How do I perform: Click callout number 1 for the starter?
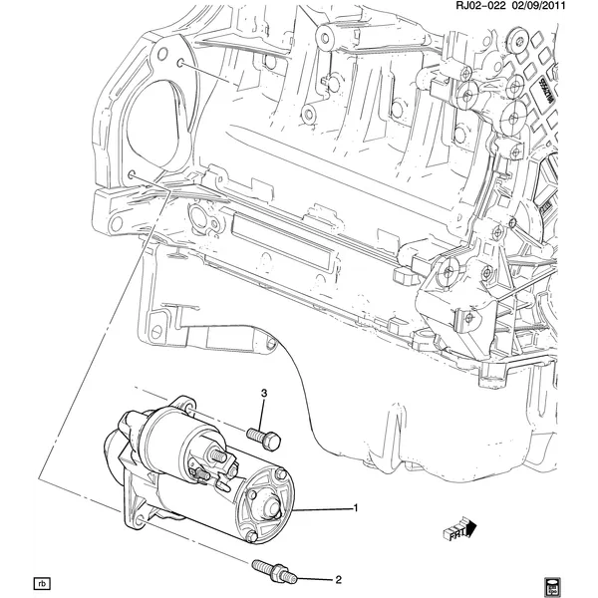point(355,509)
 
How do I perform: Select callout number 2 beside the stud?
point(337,578)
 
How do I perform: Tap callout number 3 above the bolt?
point(264,397)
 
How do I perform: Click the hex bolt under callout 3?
point(264,435)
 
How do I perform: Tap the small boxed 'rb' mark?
point(42,581)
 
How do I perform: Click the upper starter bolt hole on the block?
point(179,64)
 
